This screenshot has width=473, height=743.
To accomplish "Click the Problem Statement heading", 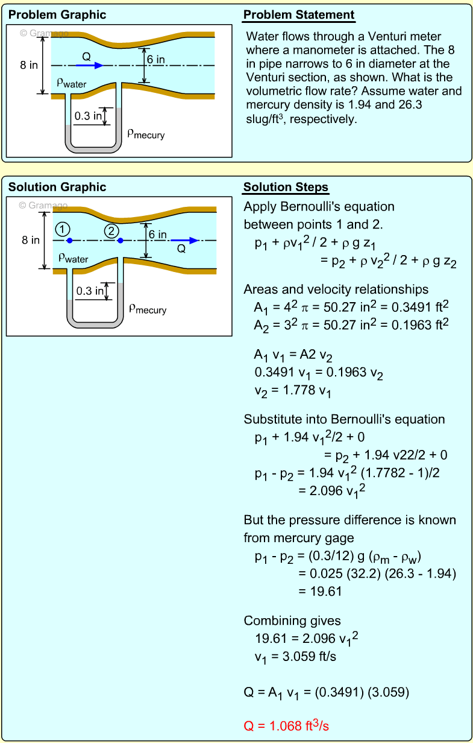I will pos(299,15).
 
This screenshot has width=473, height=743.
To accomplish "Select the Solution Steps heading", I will pos(286,187).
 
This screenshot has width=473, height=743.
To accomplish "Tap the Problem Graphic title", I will pos(57,15).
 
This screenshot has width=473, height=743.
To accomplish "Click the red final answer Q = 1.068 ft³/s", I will pos(286,726).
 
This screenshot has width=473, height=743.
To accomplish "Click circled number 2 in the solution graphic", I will pos(111,230).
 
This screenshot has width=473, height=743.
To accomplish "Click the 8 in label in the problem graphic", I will pos(29,65).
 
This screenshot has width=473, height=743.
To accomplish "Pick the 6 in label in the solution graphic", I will pos(158,234).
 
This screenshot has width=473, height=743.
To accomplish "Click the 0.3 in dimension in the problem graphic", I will pos(88,116).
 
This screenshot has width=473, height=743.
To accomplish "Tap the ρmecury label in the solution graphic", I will pos(148,309).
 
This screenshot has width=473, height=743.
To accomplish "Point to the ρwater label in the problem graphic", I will pos(72,84).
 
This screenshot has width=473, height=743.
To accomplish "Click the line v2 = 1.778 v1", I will pos(293,391).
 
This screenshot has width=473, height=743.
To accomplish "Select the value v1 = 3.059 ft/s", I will pos(295,657).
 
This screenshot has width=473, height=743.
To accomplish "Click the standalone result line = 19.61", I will pos(320,592).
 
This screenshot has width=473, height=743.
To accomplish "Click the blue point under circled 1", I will pos(70,241).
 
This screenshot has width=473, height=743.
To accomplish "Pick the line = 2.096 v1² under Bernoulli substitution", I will pos(332,491).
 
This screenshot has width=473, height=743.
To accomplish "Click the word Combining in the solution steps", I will pos(269,621).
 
